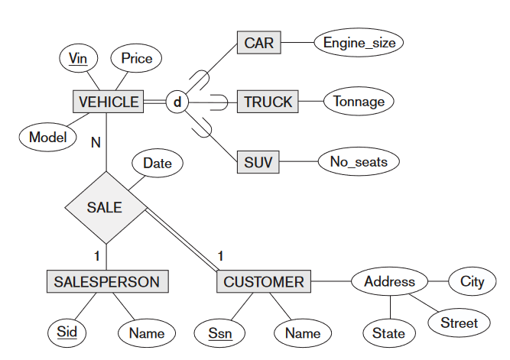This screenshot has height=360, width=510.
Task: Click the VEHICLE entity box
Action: (109, 102)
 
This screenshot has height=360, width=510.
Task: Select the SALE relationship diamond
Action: (105, 206)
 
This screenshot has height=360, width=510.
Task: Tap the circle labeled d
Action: (177, 102)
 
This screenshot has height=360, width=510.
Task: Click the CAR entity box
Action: (259, 43)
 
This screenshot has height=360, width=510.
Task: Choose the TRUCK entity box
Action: (268, 102)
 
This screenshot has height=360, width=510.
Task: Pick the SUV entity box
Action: (258, 161)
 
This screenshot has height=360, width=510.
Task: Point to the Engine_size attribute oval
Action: (359, 43)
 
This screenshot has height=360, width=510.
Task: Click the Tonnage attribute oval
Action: (359, 102)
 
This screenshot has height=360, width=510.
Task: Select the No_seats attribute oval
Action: (359, 161)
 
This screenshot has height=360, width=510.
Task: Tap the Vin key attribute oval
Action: (78, 58)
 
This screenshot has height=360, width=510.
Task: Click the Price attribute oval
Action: (137, 58)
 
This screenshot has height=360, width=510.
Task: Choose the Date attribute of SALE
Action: (158, 163)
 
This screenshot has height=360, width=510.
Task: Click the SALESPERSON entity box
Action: (107, 281)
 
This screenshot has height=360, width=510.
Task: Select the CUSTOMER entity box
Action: (264, 281)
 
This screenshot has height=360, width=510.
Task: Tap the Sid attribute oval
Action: (67, 332)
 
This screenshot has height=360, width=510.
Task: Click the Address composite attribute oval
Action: (389, 281)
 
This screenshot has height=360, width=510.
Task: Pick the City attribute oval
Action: (472, 281)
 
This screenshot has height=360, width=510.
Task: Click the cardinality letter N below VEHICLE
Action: (96, 142)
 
